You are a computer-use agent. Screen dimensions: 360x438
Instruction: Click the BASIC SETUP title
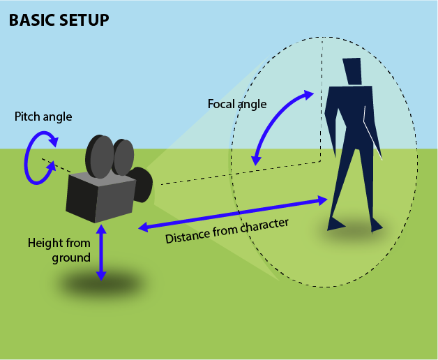click(59, 20)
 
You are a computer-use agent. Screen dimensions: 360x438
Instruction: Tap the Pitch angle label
click(43, 117)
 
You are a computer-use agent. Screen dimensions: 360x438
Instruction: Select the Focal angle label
click(237, 104)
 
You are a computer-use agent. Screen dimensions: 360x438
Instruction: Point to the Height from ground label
click(60, 250)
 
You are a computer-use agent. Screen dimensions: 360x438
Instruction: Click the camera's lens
click(143, 184)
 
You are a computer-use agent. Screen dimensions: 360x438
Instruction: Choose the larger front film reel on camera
click(99, 157)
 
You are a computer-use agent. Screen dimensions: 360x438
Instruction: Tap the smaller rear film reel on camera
click(123, 156)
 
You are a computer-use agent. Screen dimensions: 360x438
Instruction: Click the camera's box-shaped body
click(98, 197)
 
